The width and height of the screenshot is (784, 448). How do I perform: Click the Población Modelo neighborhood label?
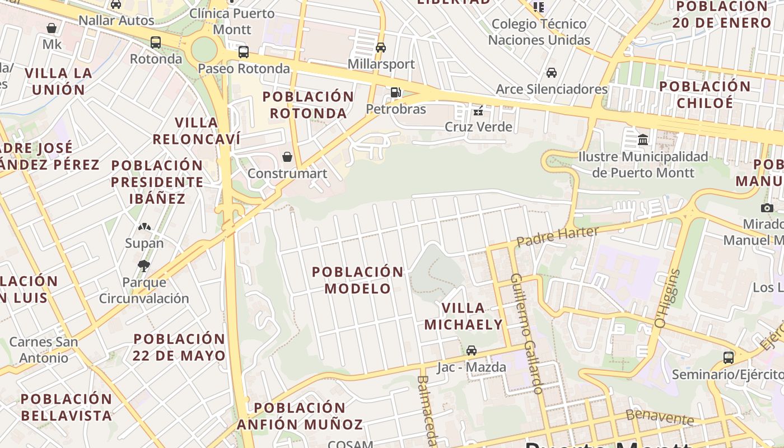click(357, 280)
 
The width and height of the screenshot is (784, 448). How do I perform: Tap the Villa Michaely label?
click(464, 316)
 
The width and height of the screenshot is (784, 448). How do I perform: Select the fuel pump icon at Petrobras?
click(396, 92)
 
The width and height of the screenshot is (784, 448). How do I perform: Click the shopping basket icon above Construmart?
click(287, 157)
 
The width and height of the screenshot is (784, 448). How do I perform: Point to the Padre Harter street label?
click(557, 236)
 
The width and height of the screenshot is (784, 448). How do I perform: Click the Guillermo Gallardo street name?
click(527, 334)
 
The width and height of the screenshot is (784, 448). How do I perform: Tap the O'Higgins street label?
click(668, 299)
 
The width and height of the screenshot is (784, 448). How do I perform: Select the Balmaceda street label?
click(426, 409)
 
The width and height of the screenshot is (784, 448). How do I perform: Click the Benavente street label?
click(660, 417)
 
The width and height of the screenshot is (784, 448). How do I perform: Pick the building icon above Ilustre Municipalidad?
click(643, 139)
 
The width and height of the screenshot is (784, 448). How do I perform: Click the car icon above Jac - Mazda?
click(472, 351)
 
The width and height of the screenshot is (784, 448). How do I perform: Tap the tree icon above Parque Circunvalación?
click(144, 265)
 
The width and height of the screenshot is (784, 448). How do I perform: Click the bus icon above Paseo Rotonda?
click(244, 52)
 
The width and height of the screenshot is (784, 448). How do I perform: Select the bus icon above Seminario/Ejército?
click(729, 357)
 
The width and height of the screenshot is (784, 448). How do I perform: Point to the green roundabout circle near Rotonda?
click(204, 50)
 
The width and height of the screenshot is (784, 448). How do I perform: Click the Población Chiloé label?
click(704, 95)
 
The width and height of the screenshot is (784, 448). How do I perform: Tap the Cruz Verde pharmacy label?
click(478, 127)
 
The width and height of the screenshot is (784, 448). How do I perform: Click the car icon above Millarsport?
click(381, 48)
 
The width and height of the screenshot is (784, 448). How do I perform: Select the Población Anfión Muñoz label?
click(300, 416)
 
